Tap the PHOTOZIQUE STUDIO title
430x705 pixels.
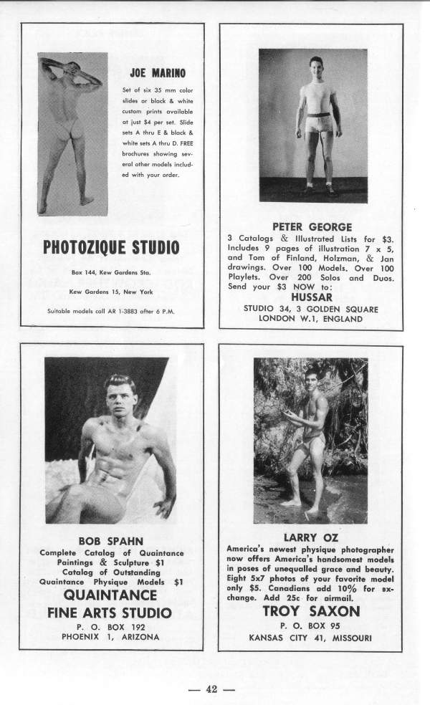(x=112, y=248)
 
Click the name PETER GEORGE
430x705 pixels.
(x=312, y=226)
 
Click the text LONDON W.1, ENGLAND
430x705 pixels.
(x=311, y=320)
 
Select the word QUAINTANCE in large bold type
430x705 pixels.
(x=110, y=595)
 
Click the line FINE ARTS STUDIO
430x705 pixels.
(x=110, y=613)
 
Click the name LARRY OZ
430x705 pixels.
(x=310, y=537)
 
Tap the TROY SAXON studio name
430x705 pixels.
(x=310, y=611)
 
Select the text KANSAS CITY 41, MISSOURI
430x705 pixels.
(x=310, y=637)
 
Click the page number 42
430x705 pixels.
(x=211, y=690)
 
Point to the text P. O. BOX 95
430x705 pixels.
(x=310, y=625)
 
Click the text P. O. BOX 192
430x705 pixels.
(x=110, y=626)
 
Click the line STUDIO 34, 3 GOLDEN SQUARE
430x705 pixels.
(x=311, y=309)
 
